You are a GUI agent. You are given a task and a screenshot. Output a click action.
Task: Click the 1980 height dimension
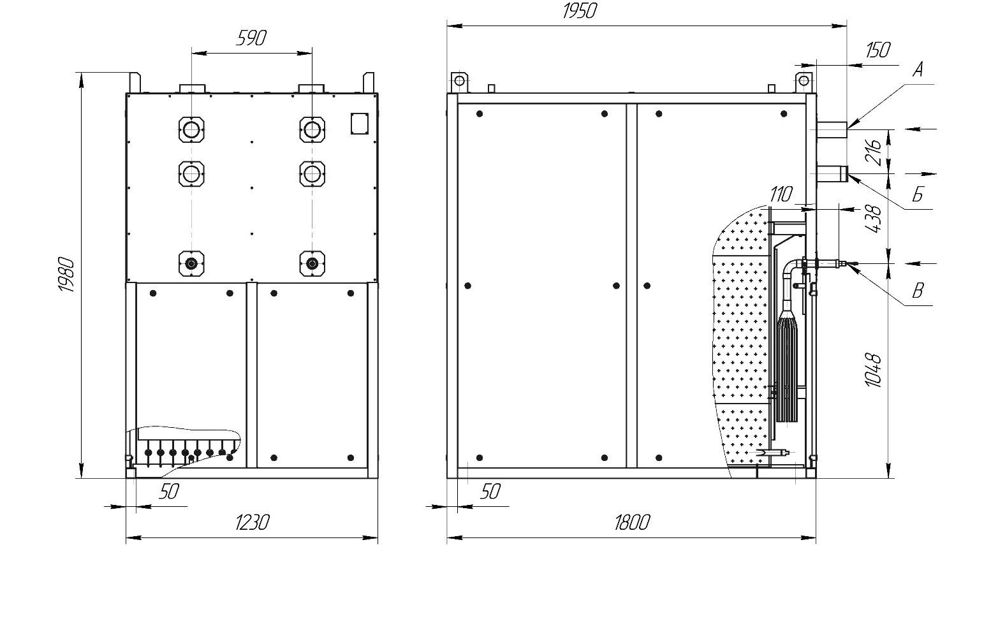coord(67,274)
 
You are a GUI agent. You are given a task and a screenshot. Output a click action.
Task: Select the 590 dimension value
coord(251,38)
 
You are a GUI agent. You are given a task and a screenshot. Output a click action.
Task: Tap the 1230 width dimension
coord(252,522)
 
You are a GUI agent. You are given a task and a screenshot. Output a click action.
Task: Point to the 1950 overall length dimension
coord(580,11)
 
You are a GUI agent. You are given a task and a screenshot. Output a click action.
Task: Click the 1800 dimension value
coord(632,522)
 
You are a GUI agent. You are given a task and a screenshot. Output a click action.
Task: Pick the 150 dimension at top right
coord(877,50)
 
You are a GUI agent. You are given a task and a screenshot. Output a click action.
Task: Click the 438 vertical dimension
coord(873,219)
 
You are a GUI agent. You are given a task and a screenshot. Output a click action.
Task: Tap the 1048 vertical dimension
coord(873,370)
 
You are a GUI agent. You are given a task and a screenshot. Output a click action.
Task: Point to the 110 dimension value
coord(781,194)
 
